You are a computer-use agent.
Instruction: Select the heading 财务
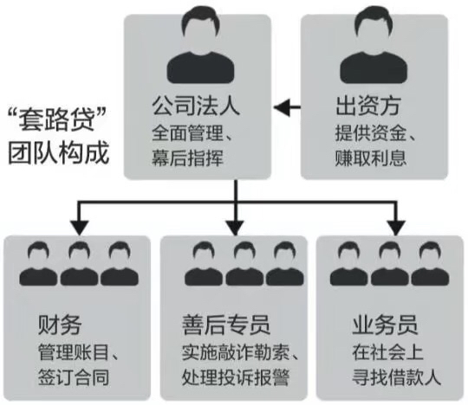pyautogui.click(x=60, y=326)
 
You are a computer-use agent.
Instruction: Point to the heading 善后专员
pyautogui.click(x=227, y=326)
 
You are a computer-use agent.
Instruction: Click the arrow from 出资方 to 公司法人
pyautogui.click(x=288, y=108)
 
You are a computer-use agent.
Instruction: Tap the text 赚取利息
pyautogui.click(x=370, y=158)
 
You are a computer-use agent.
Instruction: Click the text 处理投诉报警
pyautogui.click(x=235, y=378)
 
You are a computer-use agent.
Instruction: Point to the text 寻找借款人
pyautogui.click(x=394, y=378)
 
